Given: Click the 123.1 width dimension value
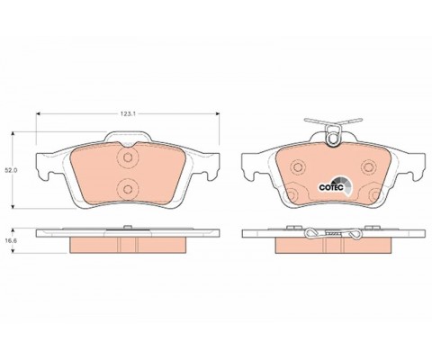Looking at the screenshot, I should click(x=128, y=113).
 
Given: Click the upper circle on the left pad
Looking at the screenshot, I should click(x=128, y=159).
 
